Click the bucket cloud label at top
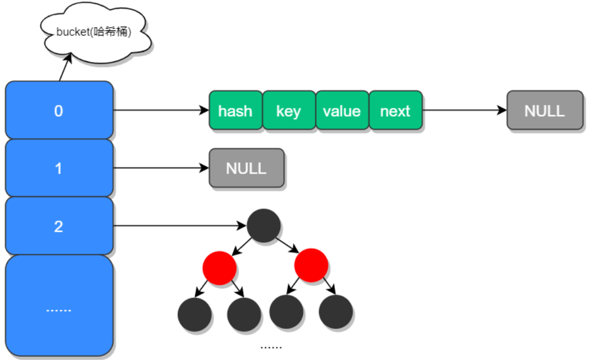coord(94,32)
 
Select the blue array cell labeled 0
coord(59,111)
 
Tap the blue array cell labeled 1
coord(59,168)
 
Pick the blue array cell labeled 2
coord(59,226)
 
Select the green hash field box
coord(235,111)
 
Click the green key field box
coord(288,111)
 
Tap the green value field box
coord(342,111)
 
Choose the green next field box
coord(395,111)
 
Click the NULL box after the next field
coord(544,111)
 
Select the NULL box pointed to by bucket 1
coord(246,168)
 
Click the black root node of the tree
coord(264,226)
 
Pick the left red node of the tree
coord(219,268)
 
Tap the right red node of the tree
coord(311,265)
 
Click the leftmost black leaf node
coord(195,314)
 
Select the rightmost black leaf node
coord(335,311)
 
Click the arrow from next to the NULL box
coord(464,110)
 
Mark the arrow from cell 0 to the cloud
coord(65,69)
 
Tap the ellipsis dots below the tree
coord(271,347)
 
